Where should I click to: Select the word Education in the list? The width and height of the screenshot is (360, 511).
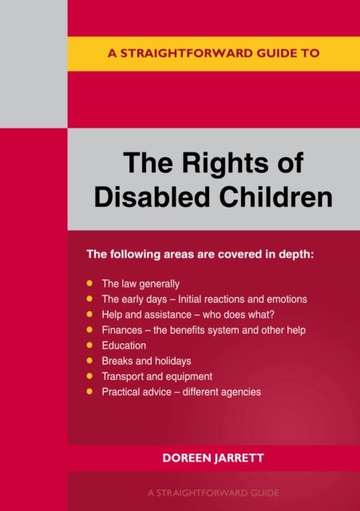[124, 346]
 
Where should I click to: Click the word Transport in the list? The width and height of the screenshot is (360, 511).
[124, 376]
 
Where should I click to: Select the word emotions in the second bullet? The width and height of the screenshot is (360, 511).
[285, 299]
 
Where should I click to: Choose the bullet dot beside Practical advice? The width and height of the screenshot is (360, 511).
[92, 392]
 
